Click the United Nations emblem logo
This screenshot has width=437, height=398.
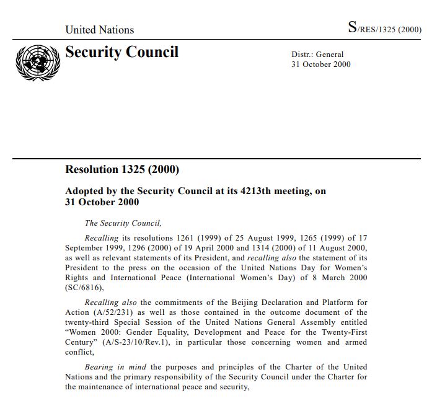(35, 63)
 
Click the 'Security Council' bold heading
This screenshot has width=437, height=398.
(121, 53)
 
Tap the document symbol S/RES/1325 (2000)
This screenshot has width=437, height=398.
(384, 28)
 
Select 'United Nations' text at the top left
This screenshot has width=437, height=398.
(99, 30)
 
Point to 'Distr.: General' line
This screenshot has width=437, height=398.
(317, 55)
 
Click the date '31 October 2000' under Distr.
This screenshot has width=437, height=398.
(320, 64)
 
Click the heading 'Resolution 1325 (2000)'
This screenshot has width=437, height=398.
(122, 169)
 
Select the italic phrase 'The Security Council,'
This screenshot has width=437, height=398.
(123, 223)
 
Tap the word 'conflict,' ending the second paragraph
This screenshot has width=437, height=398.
(81, 352)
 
